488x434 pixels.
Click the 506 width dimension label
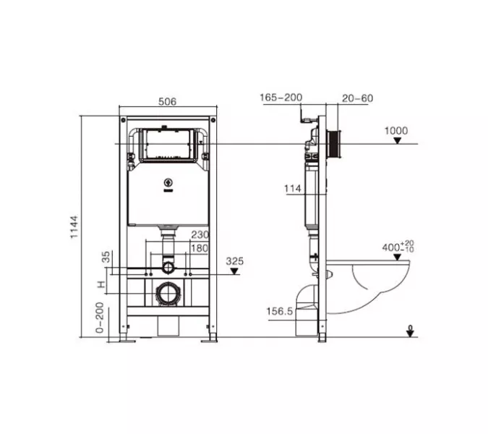(167, 101)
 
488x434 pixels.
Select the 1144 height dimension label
(74, 227)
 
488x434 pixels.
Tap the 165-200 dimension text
(281, 98)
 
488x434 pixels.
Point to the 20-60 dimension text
(357, 98)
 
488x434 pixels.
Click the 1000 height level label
(396, 130)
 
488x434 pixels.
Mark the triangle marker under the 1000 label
(397, 141)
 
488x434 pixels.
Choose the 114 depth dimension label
(293, 188)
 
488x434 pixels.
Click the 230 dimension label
(200, 234)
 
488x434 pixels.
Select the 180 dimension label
(200, 248)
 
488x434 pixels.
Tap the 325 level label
(235, 261)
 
